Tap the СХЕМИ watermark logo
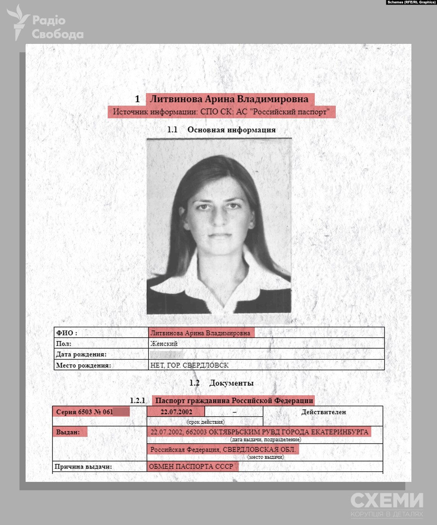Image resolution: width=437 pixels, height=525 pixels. point(387,504)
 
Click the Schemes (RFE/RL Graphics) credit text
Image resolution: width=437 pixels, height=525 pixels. point(411,2)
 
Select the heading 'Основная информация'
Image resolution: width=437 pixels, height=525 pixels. point(231,130)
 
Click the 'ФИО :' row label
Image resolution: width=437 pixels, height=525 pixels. point(67,333)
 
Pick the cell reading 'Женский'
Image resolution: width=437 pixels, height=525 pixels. point(164,344)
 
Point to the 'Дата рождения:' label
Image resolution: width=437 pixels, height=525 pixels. point(81,354)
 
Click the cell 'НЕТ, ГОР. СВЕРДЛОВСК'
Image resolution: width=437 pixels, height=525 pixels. point(189,365)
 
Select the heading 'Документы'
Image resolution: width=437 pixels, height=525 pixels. point(231,383)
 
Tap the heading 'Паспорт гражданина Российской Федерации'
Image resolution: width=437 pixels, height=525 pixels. point(234,401)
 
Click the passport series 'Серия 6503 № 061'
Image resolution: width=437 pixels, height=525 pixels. point(85,412)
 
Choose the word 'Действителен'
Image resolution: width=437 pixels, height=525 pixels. point(324,412)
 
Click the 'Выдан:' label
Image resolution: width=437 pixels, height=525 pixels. point(68,432)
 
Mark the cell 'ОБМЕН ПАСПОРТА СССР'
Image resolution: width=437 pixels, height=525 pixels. point(191,466)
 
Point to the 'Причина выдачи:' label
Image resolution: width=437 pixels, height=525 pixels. point(83,467)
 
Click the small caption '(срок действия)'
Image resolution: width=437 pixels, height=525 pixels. point(206,422)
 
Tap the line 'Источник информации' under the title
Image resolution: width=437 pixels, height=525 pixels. point(221,112)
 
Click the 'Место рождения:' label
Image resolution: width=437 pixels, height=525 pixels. point(83,365)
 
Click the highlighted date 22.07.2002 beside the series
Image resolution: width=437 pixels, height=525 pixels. point(176,412)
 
